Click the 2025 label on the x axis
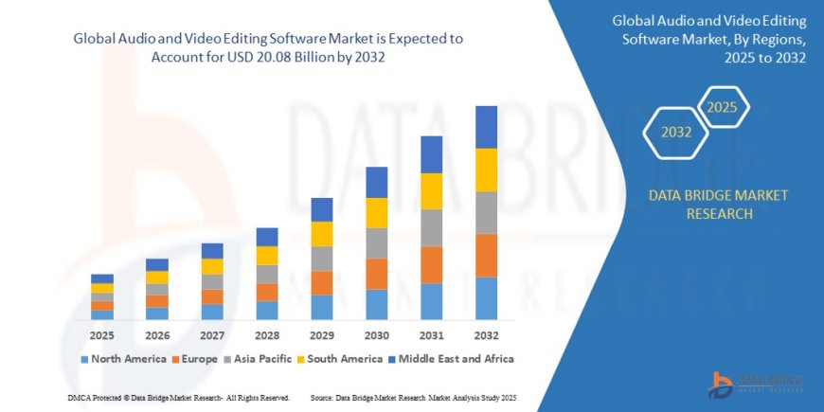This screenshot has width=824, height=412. click(102, 335)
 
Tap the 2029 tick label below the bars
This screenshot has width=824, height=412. click(322, 335)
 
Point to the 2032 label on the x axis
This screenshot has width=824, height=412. click(486, 335)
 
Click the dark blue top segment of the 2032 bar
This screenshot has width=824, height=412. click(486, 127)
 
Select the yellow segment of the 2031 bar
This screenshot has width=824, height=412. click(431, 191)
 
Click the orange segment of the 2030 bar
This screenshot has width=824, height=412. click(376, 274)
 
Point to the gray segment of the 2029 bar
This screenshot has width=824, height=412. click(322, 259)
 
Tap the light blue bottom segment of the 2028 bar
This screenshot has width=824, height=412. click(267, 310)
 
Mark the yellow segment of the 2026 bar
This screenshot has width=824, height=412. click(157, 278)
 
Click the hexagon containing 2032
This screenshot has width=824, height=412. click(675, 133)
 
